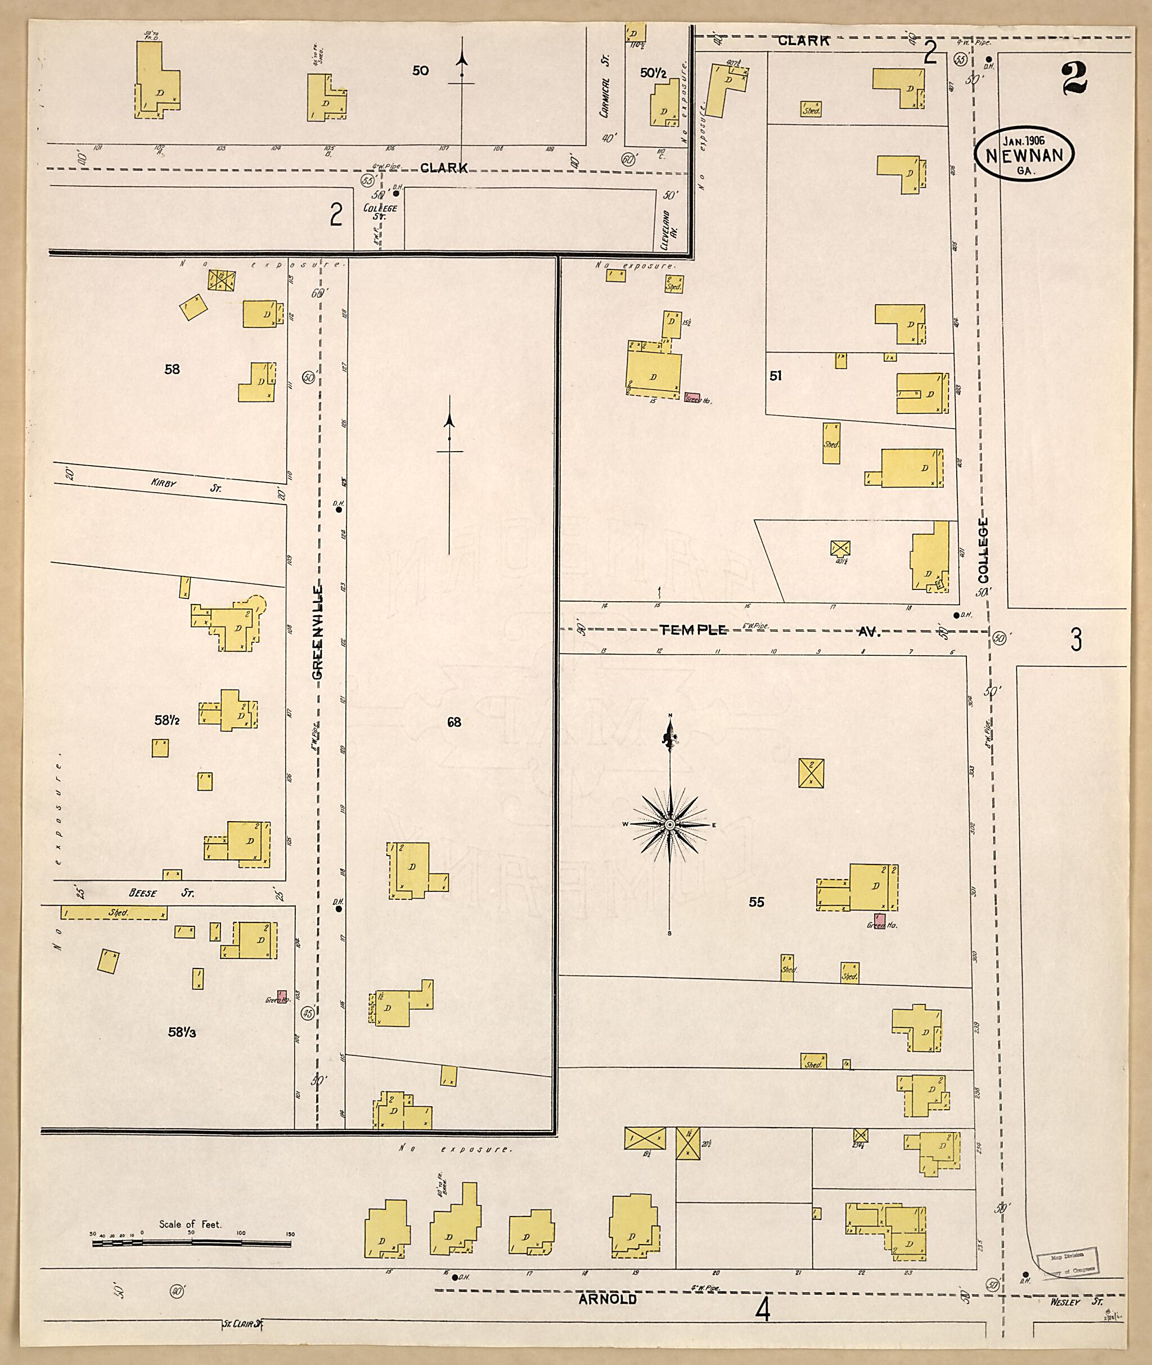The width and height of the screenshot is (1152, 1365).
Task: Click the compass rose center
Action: point(669,825)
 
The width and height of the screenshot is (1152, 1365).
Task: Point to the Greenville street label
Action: point(318,633)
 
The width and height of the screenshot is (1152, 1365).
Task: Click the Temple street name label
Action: point(693,630)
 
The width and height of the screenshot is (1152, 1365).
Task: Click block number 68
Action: point(454,722)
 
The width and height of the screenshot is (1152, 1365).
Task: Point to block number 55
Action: point(756,902)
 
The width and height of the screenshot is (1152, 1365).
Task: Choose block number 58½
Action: point(167,720)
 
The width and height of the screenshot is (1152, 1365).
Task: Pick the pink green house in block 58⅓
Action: point(283,996)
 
